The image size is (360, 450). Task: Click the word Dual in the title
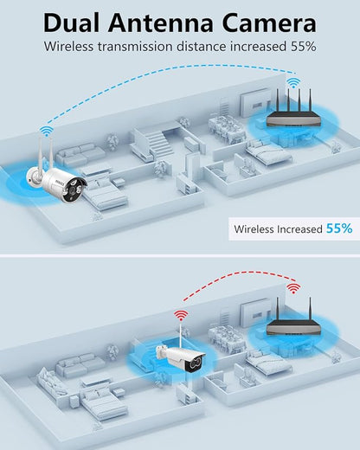pos(72,23)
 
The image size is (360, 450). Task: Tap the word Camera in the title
pos(269,23)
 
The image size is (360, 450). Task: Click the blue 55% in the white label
pos(339,228)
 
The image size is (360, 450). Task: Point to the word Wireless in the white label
pos(254,229)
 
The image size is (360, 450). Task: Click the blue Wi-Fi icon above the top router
pos(293,83)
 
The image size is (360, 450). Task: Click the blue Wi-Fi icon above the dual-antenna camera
pos(46,132)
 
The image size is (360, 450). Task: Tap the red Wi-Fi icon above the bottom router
pos(293,288)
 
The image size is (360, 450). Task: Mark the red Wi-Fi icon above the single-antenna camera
pos(181,316)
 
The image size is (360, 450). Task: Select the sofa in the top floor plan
pos(80,155)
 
